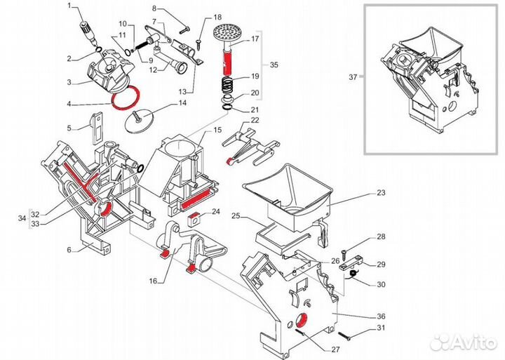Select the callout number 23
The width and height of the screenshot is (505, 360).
(381, 192)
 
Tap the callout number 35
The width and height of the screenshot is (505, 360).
(274, 65)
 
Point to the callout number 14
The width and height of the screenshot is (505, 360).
(182, 103)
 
